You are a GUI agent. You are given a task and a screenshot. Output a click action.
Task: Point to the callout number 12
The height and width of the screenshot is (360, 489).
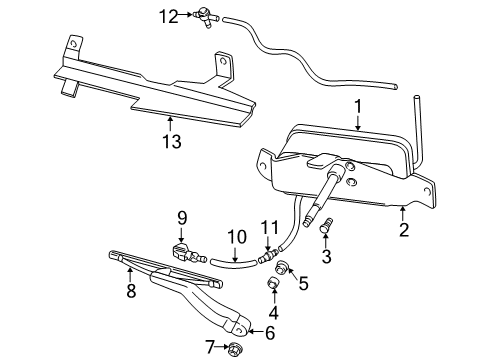point(171,15)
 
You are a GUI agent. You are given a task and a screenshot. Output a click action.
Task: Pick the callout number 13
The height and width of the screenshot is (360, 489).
point(172,141)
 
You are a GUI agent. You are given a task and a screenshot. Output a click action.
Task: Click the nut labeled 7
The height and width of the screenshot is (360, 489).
point(235,349)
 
